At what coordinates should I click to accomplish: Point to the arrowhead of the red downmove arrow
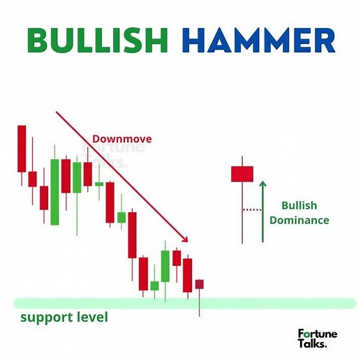pyautogui.click(x=186, y=239)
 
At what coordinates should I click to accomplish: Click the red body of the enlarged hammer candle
pyautogui.click(x=242, y=173)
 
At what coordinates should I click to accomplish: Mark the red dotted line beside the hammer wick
pyautogui.click(x=251, y=209)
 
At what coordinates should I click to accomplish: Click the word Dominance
pyautogui.click(x=299, y=220)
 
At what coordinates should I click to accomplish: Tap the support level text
pyautogui.click(x=64, y=318)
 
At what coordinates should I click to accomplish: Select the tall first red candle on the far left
pyautogui.click(x=22, y=148)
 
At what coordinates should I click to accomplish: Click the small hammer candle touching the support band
pyautogui.click(x=200, y=284)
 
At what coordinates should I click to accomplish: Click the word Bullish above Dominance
pyautogui.click(x=299, y=205)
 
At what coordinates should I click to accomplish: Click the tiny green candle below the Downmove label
pyautogui.click(x=99, y=184)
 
